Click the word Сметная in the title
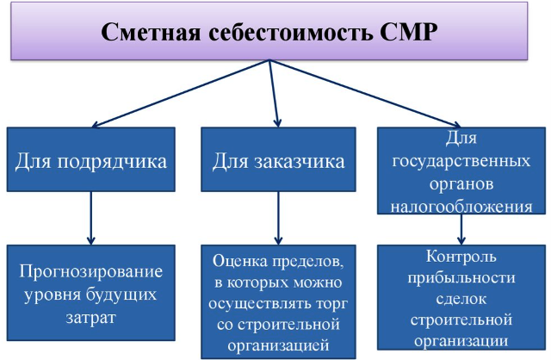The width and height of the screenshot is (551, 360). [x=151, y=33]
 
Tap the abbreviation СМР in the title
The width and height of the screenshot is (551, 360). [x=408, y=33]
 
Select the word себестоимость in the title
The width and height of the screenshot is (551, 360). [x=290, y=33]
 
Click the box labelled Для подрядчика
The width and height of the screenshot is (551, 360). [x=91, y=159]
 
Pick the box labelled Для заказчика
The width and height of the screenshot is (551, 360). [x=278, y=159]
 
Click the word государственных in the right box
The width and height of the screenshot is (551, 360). [x=461, y=161]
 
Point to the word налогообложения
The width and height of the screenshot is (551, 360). [x=461, y=207]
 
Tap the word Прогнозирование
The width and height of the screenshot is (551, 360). [x=91, y=272]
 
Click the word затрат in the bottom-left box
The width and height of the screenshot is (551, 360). [x=91, y=318]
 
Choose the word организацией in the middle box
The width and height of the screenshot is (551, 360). [x=278, y=345]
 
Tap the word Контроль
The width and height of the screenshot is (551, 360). [x=461, y=257]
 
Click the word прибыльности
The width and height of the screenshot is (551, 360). [x=461, y=278]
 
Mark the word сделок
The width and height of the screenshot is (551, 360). [x=461, y=299]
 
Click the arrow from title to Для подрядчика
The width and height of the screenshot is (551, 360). [x=180, y=93]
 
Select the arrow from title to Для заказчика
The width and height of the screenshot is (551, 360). [x=274, y=93]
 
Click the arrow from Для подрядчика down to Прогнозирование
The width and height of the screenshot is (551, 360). [x=91, y=218]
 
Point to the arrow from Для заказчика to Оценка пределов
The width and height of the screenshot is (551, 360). [x=278, y=218]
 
